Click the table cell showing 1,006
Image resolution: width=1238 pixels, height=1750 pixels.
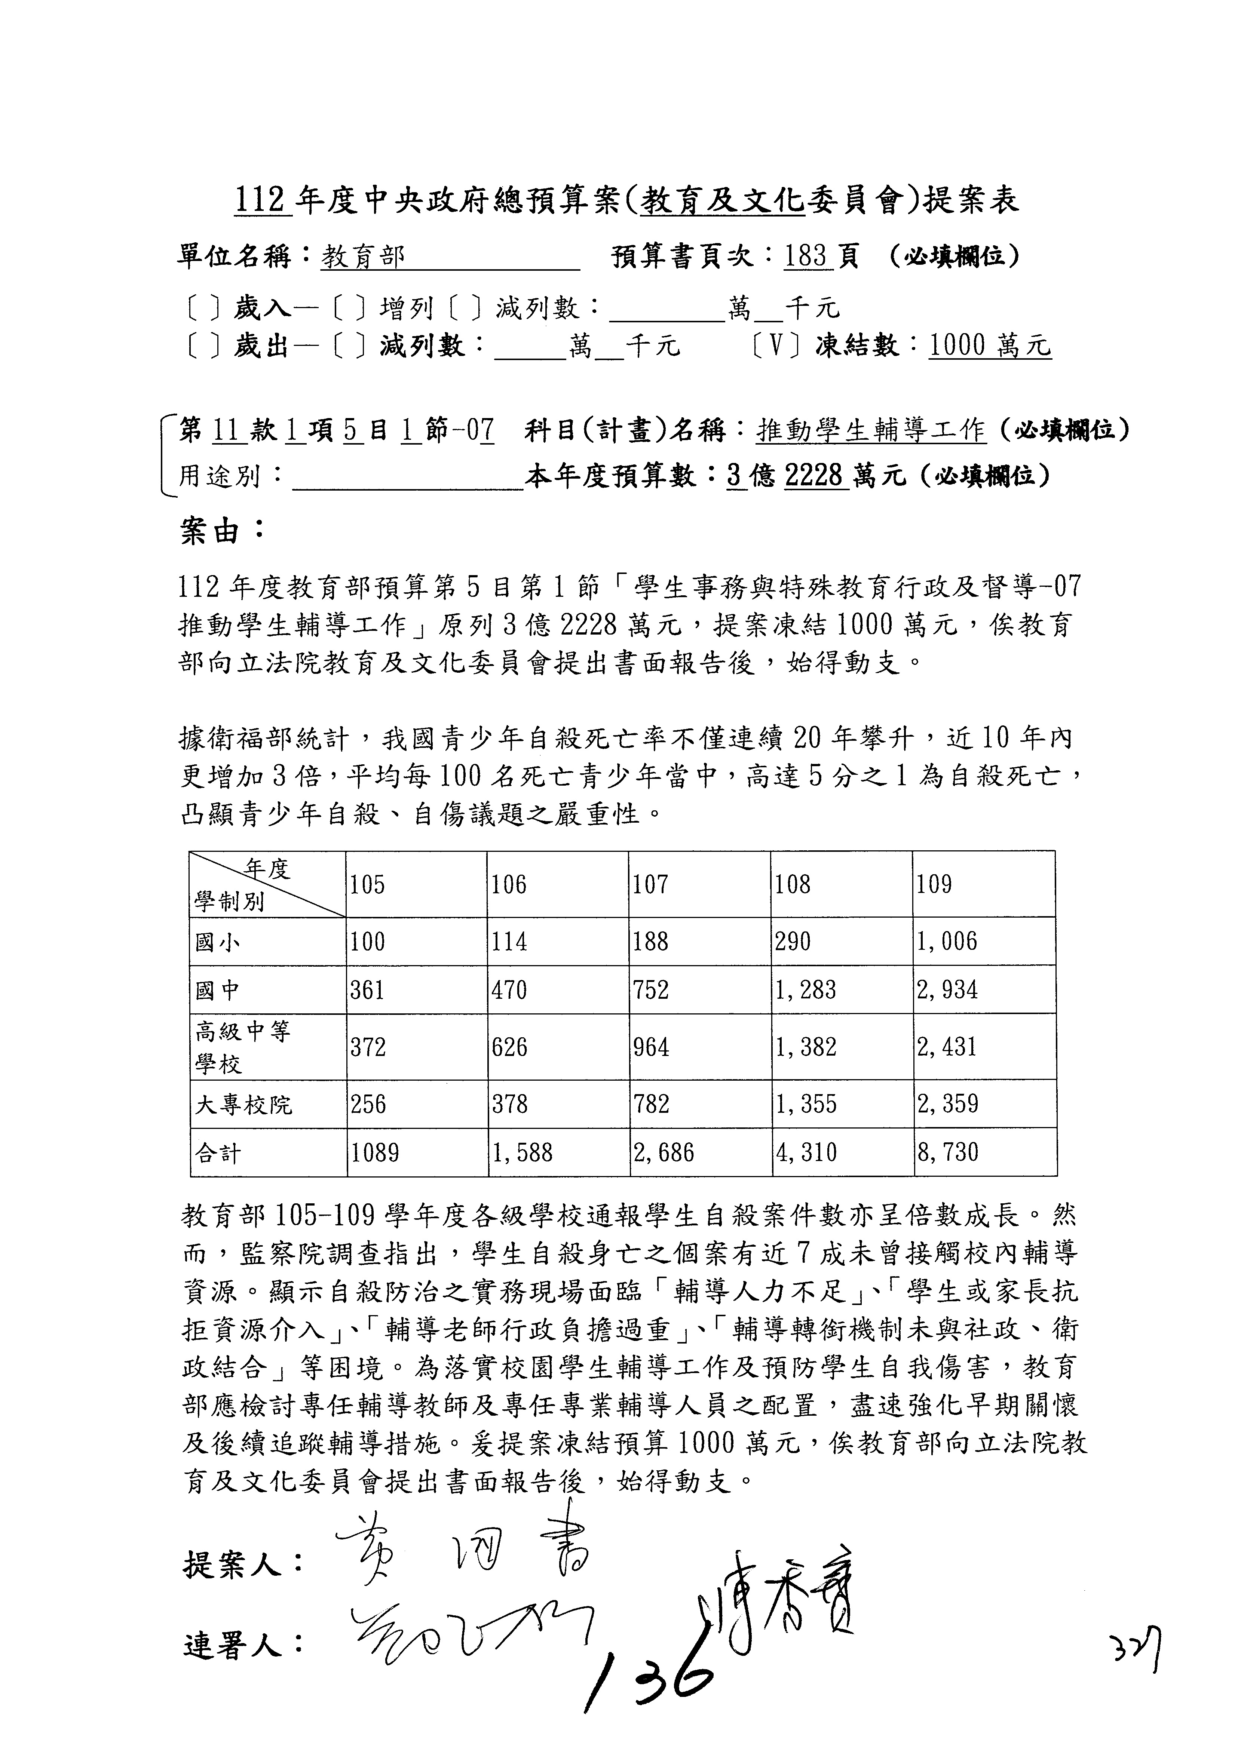(x=947, y=942)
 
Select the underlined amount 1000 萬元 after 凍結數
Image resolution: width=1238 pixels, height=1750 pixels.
(x=990, y=347)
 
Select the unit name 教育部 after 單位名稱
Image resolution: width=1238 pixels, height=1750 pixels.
(x=363, y=257)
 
